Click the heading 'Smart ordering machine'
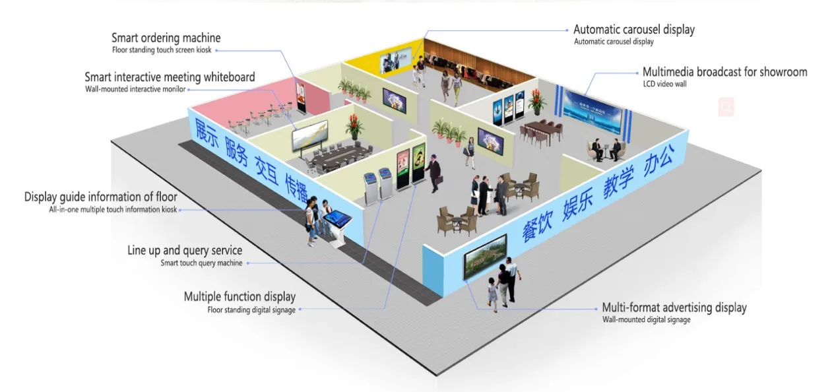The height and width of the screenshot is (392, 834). click(166, 38)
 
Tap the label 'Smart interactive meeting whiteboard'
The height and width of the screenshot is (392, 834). click(170, 78)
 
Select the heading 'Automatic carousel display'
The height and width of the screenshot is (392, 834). click(633, 30)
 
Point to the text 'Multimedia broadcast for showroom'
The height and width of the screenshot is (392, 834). click(724, 72)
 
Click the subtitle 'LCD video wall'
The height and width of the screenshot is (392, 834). click(664, 84)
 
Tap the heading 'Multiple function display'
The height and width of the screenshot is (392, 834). click(240, 297)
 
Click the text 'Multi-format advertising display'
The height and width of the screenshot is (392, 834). click(674, 308)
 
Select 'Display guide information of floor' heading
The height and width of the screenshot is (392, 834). click(100, 197)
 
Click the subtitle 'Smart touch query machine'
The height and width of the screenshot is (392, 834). click(201, 263)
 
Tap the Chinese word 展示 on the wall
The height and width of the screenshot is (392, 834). click(206, 132)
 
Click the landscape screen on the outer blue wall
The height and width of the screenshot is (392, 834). click(485, 255)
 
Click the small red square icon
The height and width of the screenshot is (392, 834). click(726, 107)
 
